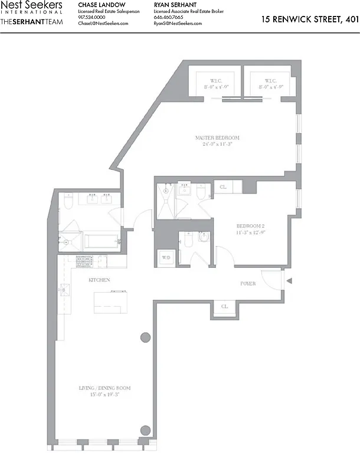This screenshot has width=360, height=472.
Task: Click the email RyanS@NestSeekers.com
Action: pyautogui.click(x=178, y=24)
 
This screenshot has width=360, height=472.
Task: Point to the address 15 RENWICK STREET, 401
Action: pyautogui.click(x=310, y=19)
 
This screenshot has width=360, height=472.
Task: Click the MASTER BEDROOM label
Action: pyautogui.click(x=218, y=138)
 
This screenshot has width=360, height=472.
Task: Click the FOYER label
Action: pyautogui.click(x=248, y=284)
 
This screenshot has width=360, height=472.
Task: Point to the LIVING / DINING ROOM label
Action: pyautogui.click(x=104, y=388)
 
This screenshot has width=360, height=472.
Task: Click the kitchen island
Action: pyautogui.click(x=110, y=301)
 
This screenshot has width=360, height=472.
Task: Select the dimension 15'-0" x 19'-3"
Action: pyautogui.click(x=104, y=395)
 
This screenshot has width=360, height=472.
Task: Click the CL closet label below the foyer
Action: pyautogui.click(x=225, y=307)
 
